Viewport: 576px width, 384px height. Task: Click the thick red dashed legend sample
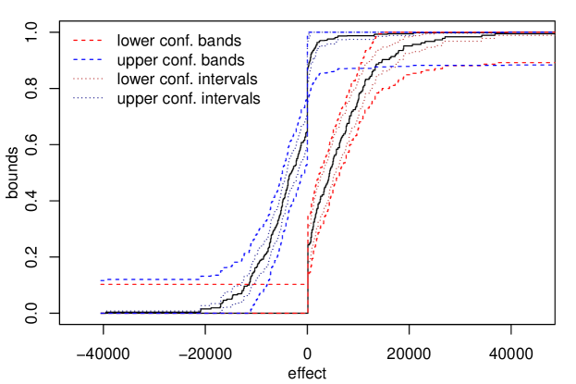pos(88,40)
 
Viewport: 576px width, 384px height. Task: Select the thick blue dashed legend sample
pos(88,59)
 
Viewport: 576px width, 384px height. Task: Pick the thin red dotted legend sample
pos(88,79)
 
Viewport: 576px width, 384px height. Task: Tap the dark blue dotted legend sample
pos(88,98)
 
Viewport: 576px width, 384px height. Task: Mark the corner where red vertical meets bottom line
pos(308,313)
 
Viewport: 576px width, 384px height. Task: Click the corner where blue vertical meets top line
pos(308,32)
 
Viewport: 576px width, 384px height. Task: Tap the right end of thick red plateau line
pos(554,63)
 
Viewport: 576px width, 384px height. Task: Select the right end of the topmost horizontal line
pos(554,32)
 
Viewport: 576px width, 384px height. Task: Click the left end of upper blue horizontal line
pos(101,279)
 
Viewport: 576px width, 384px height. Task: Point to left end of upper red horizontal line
pos(101,284)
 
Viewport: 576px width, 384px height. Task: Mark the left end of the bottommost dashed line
pos(101,313)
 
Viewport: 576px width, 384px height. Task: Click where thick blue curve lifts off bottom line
pos(251,312)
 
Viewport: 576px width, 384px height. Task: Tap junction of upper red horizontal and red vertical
pos(308,284)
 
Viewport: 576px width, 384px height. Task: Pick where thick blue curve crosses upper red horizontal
pos(264,284)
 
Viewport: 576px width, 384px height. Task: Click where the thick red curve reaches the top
pos(377,33)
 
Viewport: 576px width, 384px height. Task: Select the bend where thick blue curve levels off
pos(319,73)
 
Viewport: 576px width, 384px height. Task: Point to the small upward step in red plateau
pos(483,64)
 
